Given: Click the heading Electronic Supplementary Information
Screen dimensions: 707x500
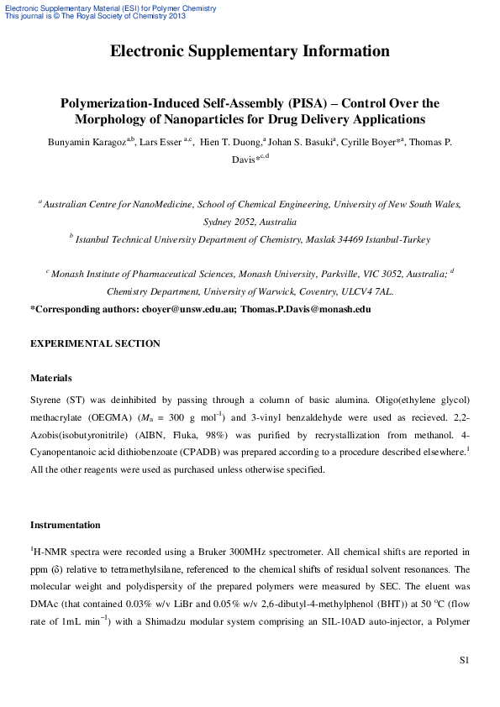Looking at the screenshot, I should click(250, 52).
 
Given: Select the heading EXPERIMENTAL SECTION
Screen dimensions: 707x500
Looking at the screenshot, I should click(95, 343).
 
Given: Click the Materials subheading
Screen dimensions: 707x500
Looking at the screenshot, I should click(51, 379).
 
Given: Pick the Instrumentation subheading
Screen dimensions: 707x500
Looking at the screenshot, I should click(66, 526).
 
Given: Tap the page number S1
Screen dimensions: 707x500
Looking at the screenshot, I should click(463, 661).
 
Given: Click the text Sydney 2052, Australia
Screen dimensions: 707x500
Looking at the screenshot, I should click(250, 223).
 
